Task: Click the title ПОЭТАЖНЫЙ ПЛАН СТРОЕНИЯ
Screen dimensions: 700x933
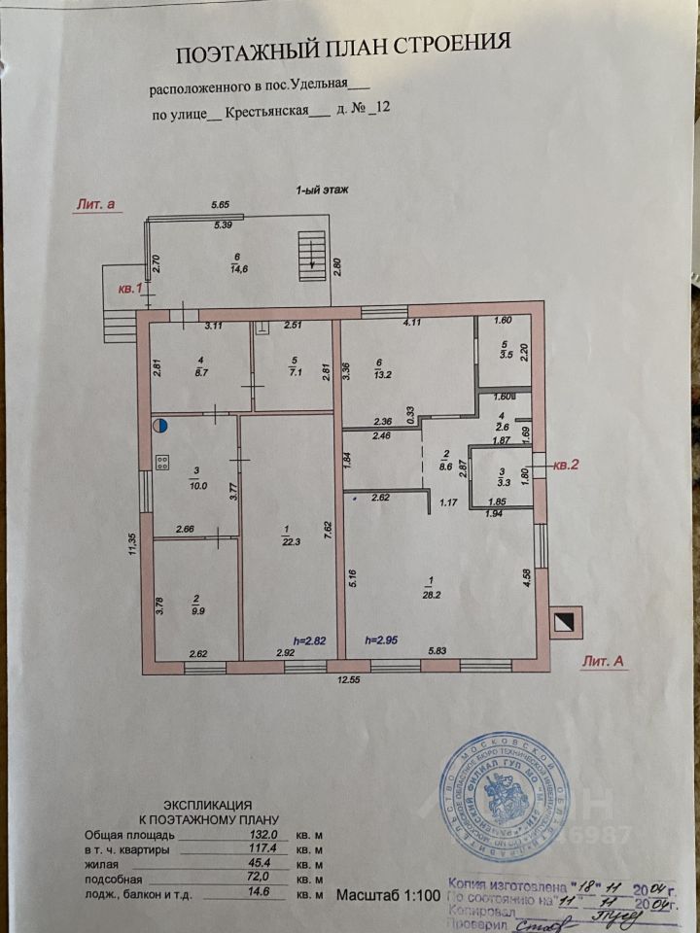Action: (x=341, y=44)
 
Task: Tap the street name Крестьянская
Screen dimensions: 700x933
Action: (x=266, y=112)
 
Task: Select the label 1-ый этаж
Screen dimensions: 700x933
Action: (x=322, y=191)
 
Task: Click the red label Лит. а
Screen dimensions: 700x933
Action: (x=94, y=204)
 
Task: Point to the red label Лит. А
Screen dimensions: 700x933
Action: (x=605, y=660)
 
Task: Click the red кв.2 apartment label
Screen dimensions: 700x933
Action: (x=566, y=466)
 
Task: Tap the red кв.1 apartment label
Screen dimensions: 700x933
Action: (x=129, y=289)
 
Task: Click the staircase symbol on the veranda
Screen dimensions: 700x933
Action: (x=311, y=249)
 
